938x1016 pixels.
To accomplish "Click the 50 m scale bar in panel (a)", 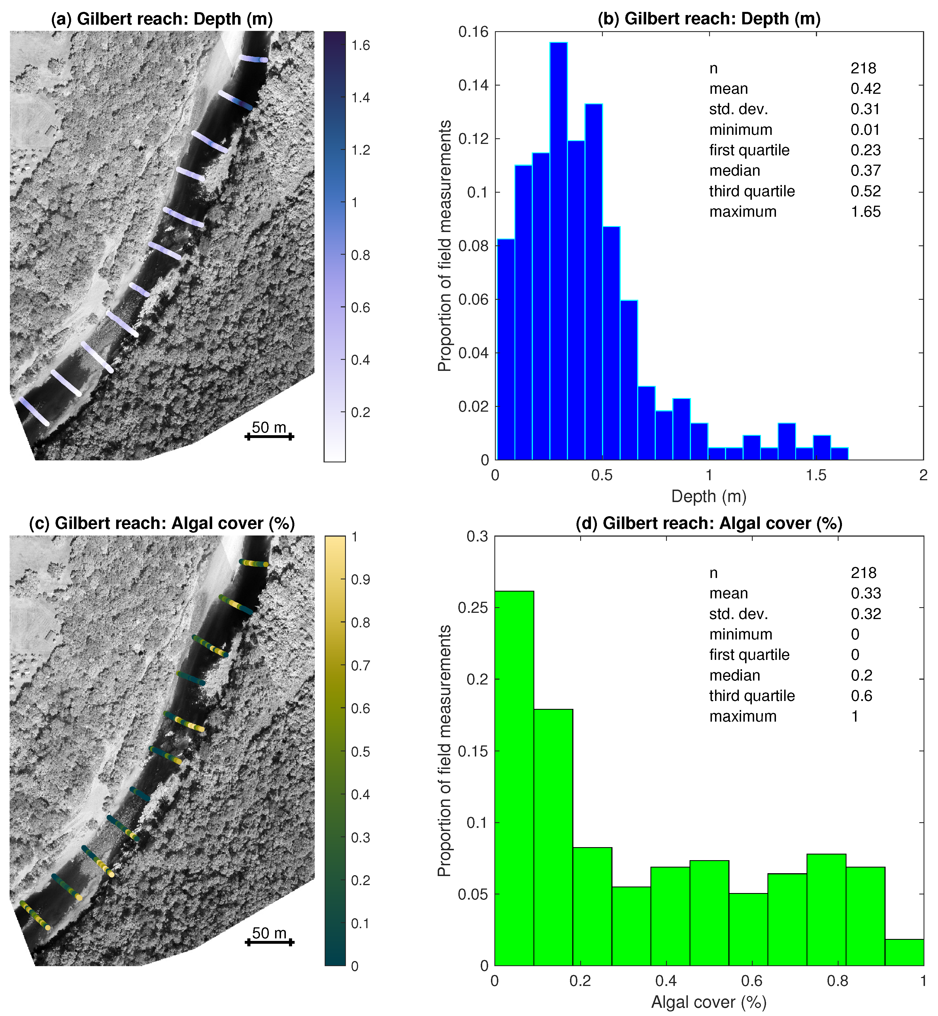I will [x=269, y=436].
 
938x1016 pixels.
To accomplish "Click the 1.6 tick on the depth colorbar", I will [x=360, y=46].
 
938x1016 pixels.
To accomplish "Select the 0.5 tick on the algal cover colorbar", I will [x=360, y=752].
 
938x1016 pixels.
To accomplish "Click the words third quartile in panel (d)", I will [x=752, y=696].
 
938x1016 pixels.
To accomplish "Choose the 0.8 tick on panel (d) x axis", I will [x=837, y=981].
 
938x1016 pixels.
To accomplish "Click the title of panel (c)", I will [x=162, y=523].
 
